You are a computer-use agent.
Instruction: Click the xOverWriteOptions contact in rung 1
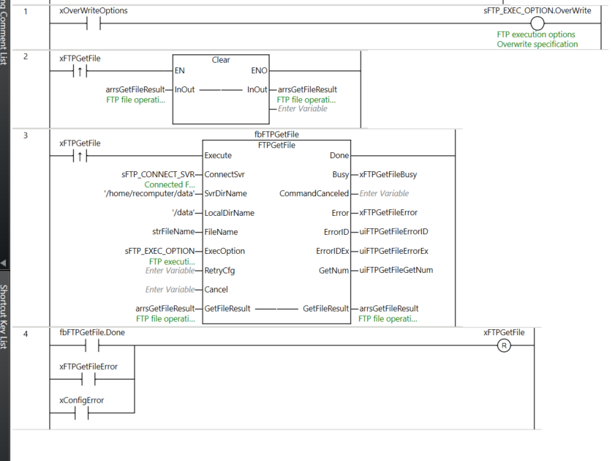point(93,23)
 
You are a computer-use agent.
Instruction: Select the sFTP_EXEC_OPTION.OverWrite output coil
point(537,23)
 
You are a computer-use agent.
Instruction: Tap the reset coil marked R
point(503,345)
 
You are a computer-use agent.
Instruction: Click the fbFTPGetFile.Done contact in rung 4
point(93,345)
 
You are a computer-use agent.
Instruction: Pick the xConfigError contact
point(82,413)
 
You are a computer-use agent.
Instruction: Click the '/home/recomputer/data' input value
point(149,194)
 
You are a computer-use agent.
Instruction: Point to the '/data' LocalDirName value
point(183,213)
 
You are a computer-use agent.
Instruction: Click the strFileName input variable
point(173,232)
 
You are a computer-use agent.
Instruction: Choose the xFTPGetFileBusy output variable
point(388,175)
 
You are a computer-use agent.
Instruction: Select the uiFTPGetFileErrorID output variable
point(393,232)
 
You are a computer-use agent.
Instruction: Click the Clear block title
point(221,60)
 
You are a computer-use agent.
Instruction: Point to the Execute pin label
point(218,155)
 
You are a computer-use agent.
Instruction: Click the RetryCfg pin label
point(219,270)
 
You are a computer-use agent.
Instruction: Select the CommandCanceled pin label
point(314,194)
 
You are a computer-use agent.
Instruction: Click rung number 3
point(26,136)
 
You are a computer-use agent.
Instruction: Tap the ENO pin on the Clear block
point(259,71)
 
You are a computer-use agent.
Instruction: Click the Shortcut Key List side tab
point(4,316)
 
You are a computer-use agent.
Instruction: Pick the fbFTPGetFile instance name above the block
point(276,135)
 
